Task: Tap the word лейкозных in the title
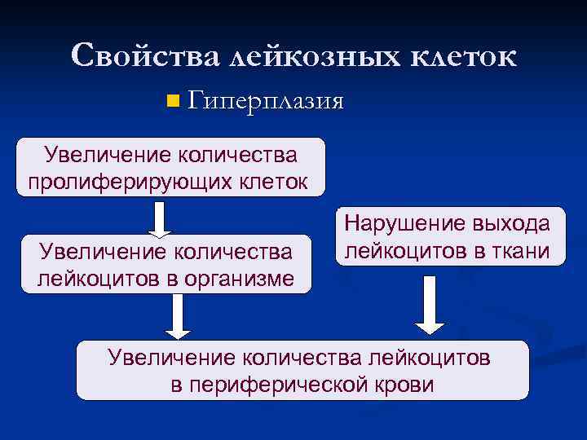point(312,57)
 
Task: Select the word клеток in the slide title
point(462,57)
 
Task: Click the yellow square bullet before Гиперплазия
point(171,102)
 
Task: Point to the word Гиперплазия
point(266,102)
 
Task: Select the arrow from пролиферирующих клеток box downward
point(161,218)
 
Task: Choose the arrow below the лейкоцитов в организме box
point(178,315)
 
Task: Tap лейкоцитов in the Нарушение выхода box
point(402,251)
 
